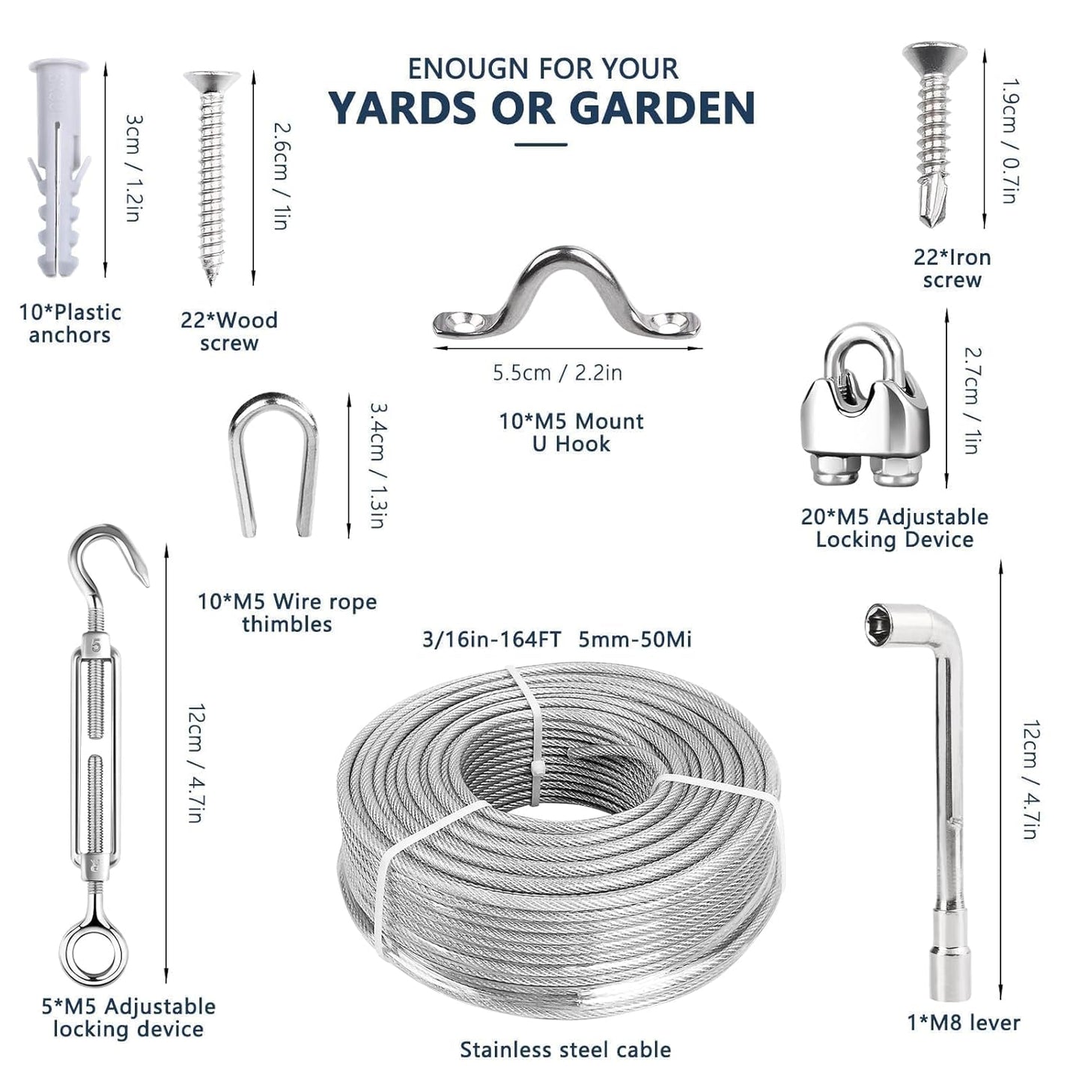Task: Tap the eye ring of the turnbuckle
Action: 94,952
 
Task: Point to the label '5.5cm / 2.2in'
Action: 557,372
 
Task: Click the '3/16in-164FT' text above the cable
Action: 491,639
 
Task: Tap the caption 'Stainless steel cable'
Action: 565,1050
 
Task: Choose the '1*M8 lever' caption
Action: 963,1022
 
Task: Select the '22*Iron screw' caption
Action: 952,268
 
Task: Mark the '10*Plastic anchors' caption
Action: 70,323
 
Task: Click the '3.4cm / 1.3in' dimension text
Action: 377,465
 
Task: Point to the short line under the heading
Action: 541,145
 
